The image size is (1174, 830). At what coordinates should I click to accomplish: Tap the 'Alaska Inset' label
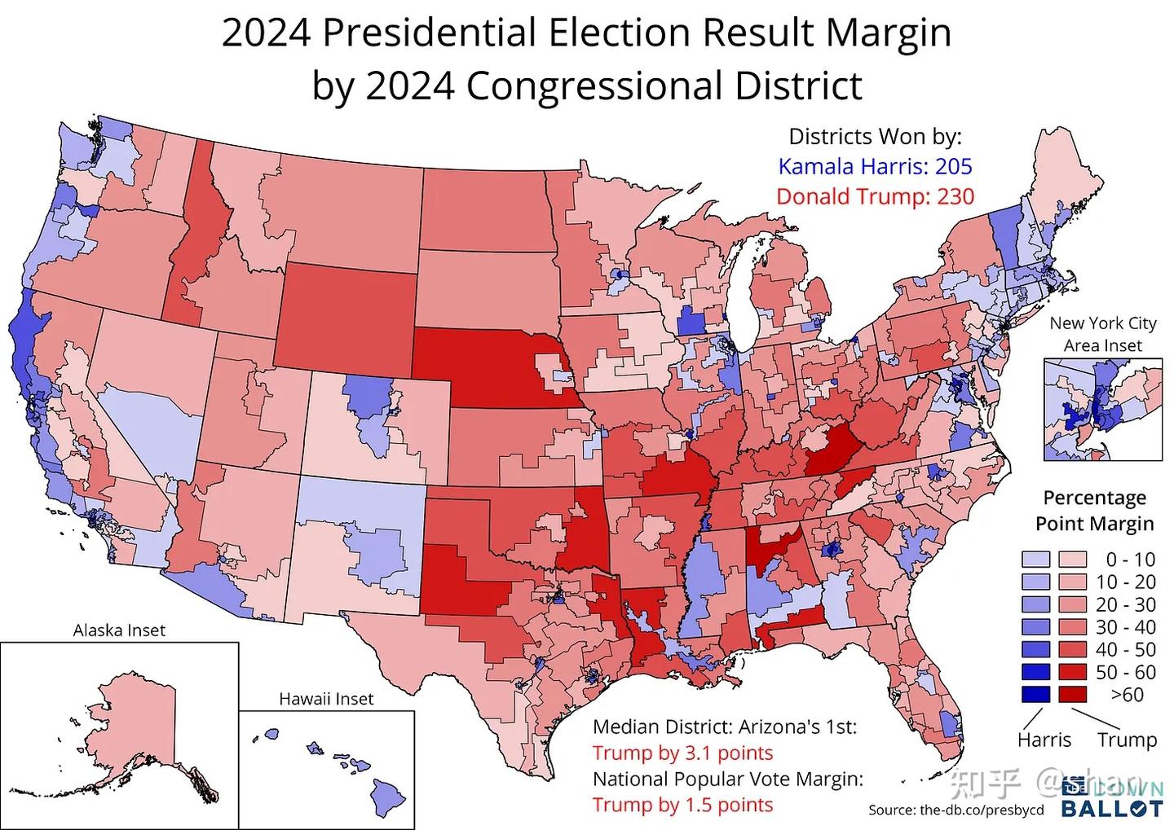119,630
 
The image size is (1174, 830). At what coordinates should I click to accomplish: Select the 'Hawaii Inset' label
326,699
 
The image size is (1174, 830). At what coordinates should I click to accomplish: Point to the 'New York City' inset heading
1102,323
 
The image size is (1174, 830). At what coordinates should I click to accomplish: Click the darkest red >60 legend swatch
1071,695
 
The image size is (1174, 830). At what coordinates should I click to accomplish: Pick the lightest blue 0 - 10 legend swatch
1032,560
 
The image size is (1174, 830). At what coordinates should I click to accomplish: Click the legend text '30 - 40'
1131,627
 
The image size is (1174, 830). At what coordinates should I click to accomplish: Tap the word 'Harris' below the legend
1044,740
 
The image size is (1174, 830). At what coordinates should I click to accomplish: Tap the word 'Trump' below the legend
1127,740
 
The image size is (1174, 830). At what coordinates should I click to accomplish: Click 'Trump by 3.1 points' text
682,753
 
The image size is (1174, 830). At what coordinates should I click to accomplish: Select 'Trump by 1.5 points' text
682,805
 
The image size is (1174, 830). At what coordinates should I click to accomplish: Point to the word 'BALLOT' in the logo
1111,809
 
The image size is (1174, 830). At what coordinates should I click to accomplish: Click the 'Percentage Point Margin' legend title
1094,510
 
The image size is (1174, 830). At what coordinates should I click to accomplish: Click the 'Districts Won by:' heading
875,137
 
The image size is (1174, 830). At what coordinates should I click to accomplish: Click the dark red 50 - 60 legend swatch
1071,673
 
